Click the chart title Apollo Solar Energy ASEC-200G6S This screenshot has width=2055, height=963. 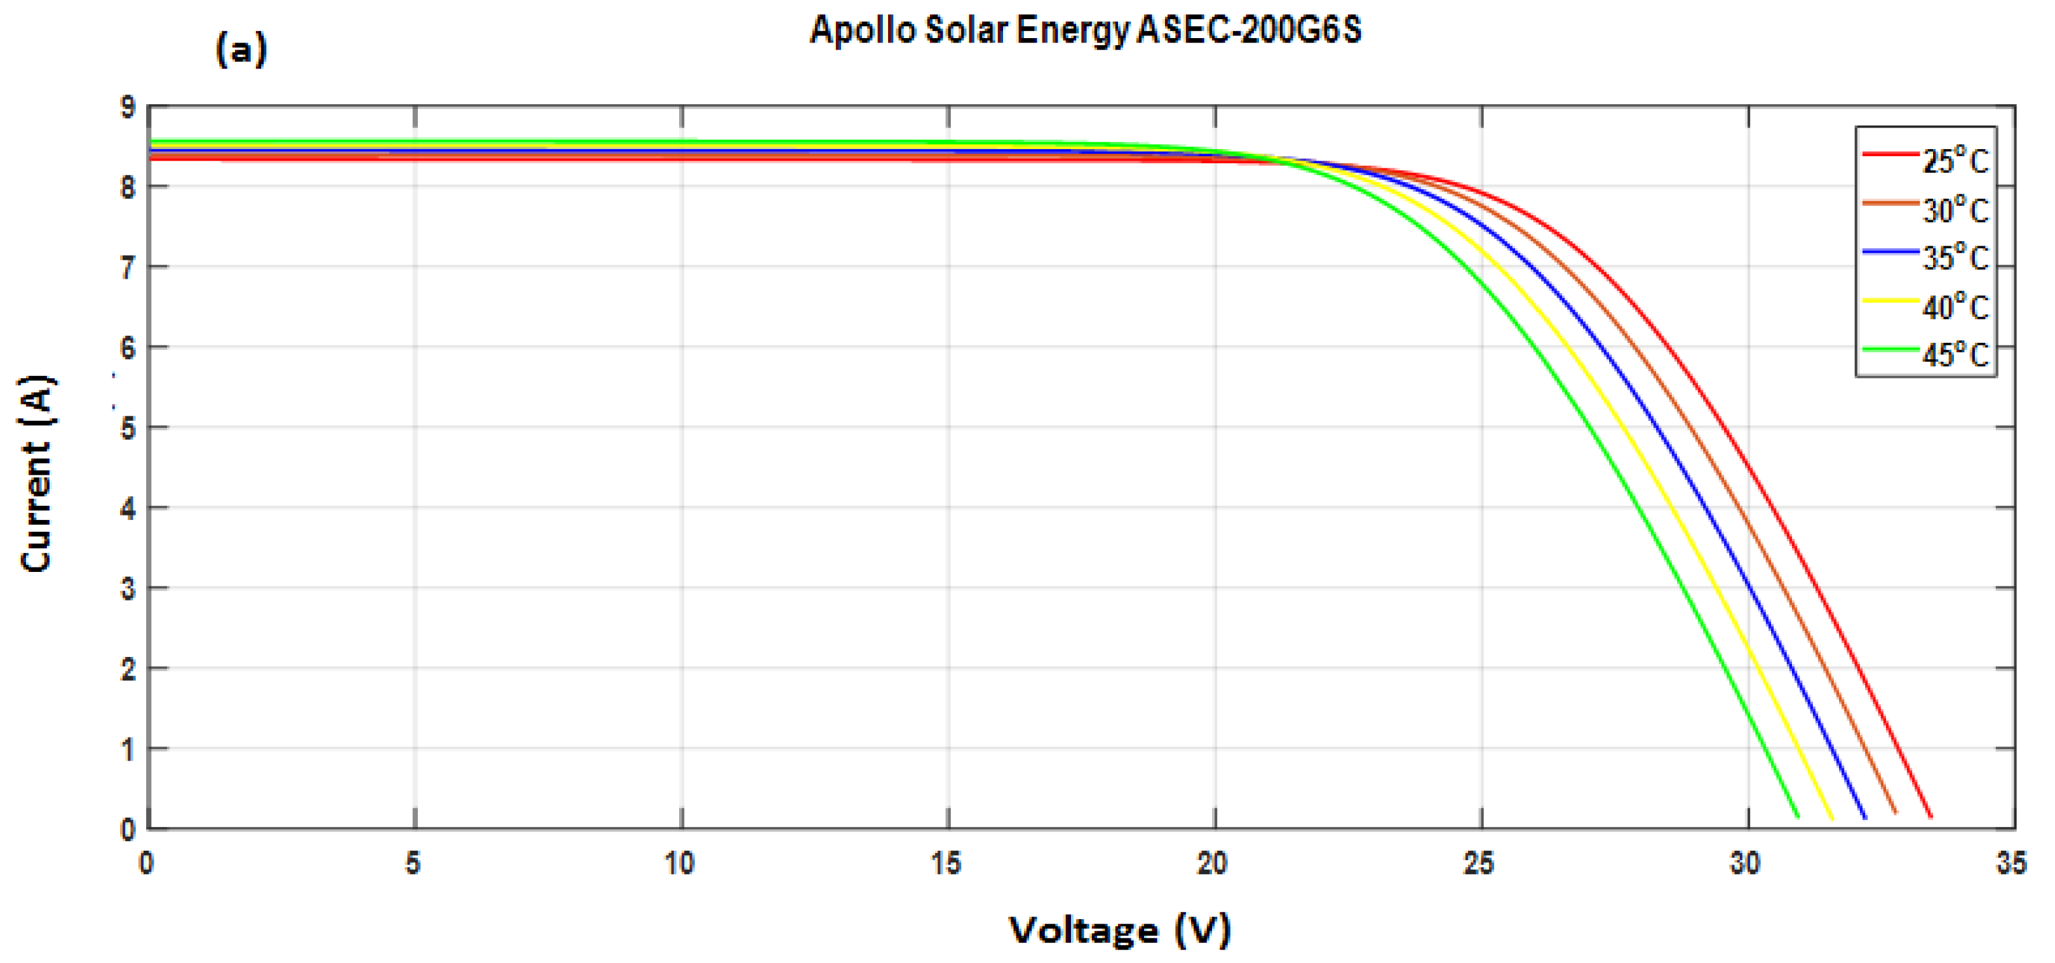tap(1085, 30)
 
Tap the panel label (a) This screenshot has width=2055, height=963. tap(241, 50)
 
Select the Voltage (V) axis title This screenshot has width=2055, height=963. tap(1120, 929)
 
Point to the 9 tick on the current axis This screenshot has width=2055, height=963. tap(128, 107)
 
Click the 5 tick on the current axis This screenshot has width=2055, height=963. tap(128, 428)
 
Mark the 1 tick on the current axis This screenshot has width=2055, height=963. tap(128, 749)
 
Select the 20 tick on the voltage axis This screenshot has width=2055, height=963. tap(1213, 863)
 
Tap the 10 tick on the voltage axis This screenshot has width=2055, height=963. tap(680, 863)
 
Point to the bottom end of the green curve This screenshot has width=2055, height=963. tap(1797, 816)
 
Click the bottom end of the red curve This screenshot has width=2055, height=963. tap(1930, 816)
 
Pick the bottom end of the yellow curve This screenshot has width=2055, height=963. tap(1831, 818)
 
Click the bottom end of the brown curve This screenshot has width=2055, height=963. tap(1896, 813)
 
